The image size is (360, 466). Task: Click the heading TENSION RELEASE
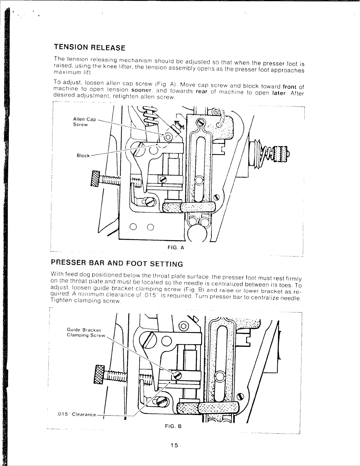click(89, 47)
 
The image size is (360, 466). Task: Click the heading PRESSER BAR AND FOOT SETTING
click(117, 263)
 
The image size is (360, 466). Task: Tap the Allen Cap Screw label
click(84, 122)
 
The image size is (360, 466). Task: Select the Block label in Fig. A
click(83, 156)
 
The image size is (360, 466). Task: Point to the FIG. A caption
click(176, 248)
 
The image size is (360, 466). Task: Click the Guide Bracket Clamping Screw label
click(86, 333)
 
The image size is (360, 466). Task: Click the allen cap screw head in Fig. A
click(168, 137)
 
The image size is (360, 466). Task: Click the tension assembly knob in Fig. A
click(281, 154)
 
